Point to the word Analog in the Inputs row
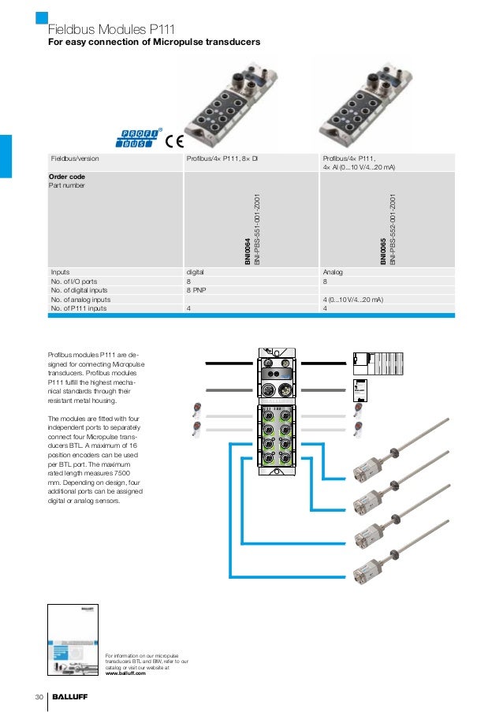[333, 271]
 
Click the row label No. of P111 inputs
[79, 309]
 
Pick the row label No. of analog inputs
[80, 300]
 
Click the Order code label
[67, 177]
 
